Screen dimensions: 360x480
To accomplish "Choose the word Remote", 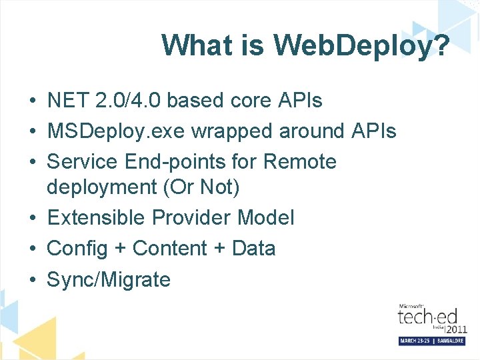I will (300, 162).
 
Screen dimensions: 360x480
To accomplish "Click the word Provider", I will (193, 218).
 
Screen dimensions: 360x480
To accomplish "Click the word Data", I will (253, 249).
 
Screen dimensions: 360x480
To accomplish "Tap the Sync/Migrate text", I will (109, 280).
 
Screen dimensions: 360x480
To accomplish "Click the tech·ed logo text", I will (422, 317).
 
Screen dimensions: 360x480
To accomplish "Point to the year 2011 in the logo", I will (456, 329).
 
